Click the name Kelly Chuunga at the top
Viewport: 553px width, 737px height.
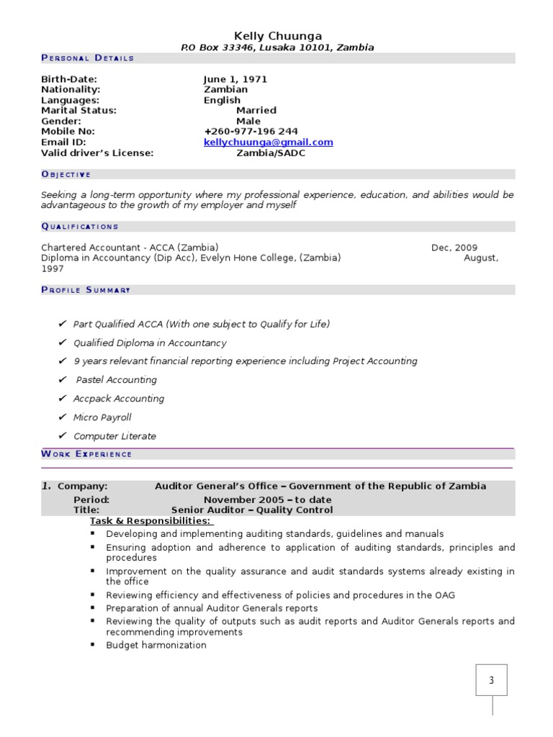tap(278, 36)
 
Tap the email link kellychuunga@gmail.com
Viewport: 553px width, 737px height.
tap(268, 143)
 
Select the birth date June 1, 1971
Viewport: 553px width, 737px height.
tap(235, 79)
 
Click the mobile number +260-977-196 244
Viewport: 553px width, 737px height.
tap(251, 132)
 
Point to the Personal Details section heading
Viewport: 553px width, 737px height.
tap(87, 58)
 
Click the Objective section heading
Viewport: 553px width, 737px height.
tap(66, 174)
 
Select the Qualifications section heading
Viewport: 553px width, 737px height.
tap(80, 227)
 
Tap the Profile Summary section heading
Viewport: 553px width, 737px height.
tap(86, 290)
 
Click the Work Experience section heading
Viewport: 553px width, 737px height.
tap(86, 454)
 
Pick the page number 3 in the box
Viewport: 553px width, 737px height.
tap(491, 679)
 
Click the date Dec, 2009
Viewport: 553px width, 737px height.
tap(454, 248)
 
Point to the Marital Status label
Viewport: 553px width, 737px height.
tap(78, 111)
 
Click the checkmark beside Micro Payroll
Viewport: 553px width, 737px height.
tap(63, 417)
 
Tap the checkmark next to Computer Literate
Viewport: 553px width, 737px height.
tap(63, 435)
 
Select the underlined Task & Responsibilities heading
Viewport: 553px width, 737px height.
tap(150, 521)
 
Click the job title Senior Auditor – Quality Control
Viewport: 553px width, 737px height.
tap(252, 510)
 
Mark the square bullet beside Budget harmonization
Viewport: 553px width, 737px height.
tap(93, 645)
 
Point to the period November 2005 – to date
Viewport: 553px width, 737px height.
tap(267, 499)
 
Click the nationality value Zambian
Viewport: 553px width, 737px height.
tap(225, 90)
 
